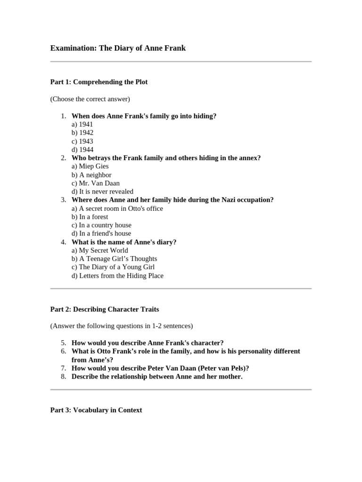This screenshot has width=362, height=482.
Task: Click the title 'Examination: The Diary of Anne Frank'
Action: click(118, 48)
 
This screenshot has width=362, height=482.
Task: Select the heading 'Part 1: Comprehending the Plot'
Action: click(99, 82)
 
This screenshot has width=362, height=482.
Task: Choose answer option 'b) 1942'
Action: click(82, 133)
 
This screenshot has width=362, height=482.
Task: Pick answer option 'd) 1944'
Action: click(82, 150)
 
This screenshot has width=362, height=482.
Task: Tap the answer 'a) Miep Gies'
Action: click(90, 166)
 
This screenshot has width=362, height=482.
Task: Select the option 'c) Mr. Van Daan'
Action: click(96, 183)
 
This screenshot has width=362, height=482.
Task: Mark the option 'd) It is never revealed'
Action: click(102, 192)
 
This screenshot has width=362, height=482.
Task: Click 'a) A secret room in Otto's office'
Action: click(117, 209)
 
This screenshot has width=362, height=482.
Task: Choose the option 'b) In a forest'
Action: click(90, 217)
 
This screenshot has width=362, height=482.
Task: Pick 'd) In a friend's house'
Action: click(101, 233)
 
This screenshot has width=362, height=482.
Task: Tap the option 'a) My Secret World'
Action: click(99, 250)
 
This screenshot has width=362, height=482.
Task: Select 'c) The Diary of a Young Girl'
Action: click(113, 267)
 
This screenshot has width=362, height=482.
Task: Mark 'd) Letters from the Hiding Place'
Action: click(117, 276)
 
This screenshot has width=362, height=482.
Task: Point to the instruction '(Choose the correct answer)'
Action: click(90, 99)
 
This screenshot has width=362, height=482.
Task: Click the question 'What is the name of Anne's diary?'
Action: click(124, 242)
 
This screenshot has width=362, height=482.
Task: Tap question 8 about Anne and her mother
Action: click(157, 377)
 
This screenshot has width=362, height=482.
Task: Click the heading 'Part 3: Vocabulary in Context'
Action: click(96, 410)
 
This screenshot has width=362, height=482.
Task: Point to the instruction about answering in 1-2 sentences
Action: click(122, 326)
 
